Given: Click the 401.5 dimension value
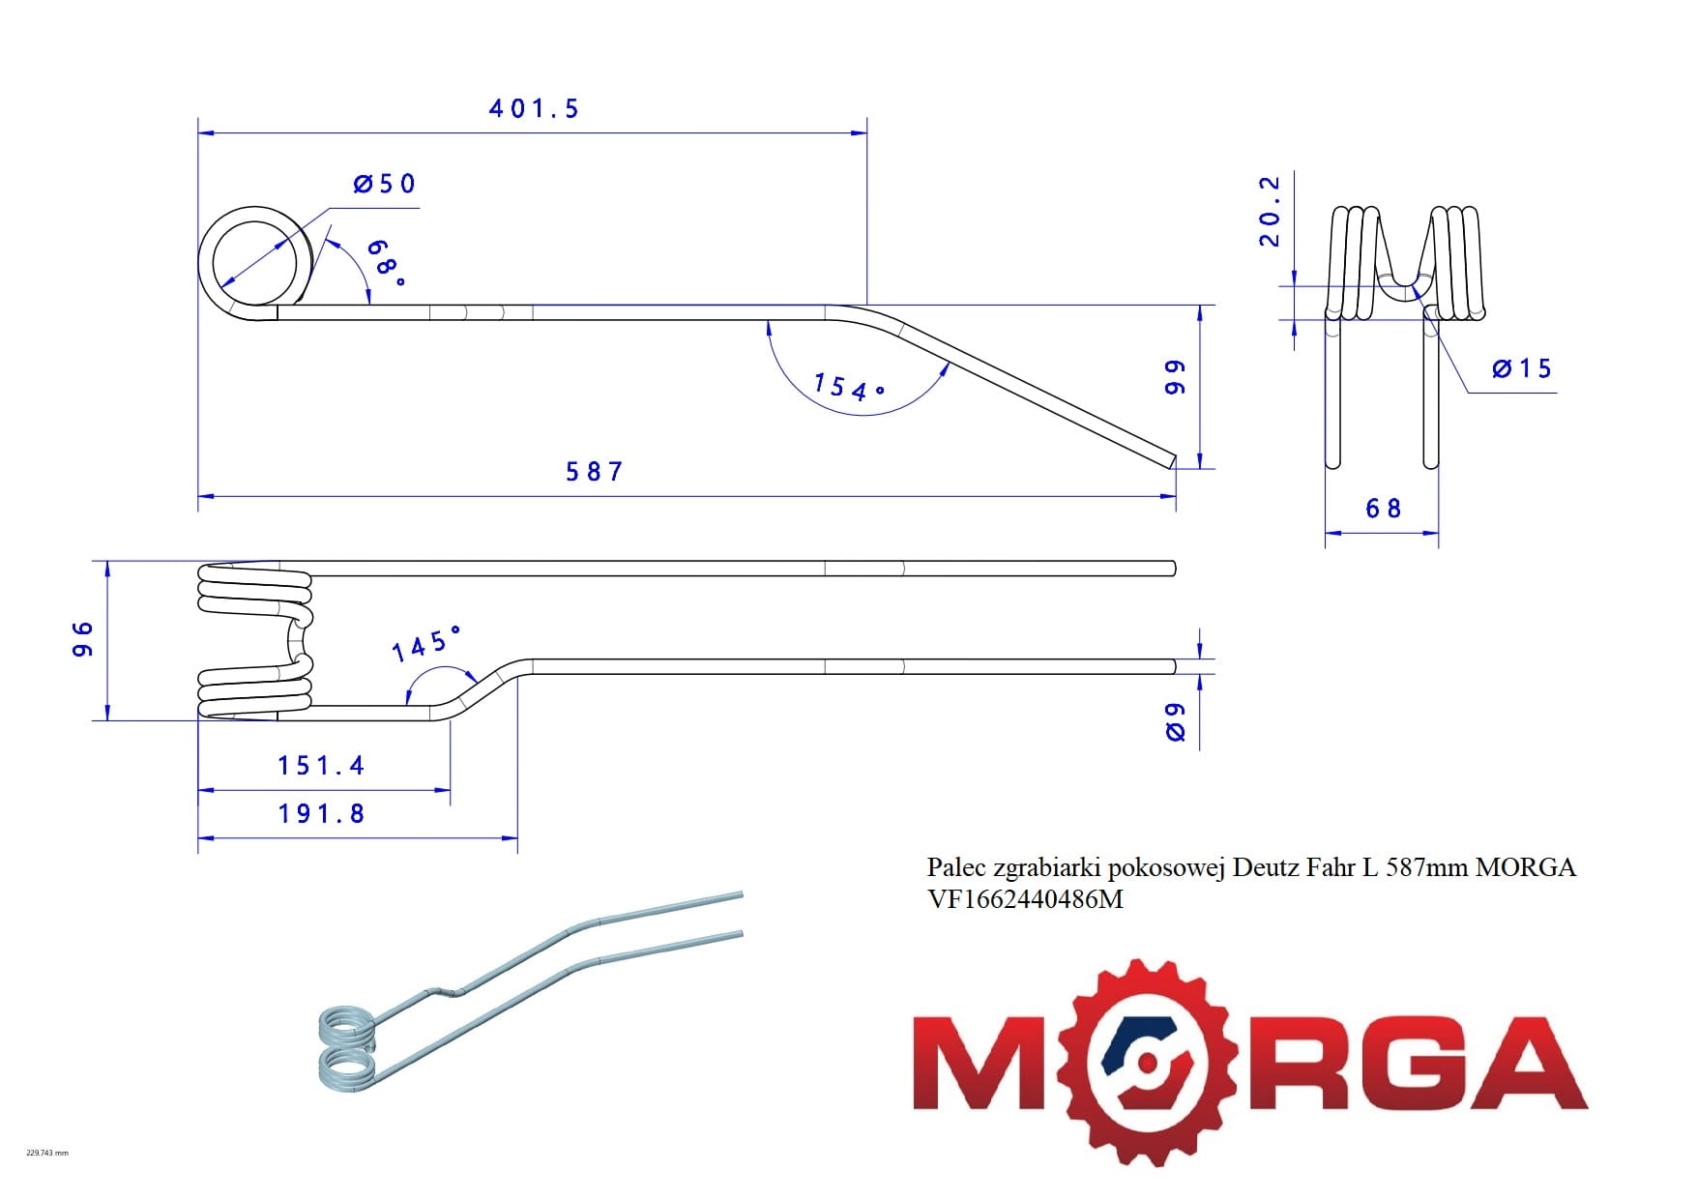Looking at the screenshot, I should tap(534, 108).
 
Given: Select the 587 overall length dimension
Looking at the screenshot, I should tap(595, 472).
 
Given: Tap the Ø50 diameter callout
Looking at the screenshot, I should tap(385, 184).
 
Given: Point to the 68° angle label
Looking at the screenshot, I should tap(384, 262).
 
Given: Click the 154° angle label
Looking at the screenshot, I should tap(848, 388).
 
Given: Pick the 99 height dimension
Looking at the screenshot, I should tap(1174, 377).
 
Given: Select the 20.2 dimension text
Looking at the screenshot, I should tap(1270, 212).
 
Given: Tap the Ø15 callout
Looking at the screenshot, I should tap(1522, 368).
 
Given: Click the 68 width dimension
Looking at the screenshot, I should tap(1383, 509).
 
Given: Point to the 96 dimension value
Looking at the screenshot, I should tap(83, 639).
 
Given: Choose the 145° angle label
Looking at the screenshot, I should tap(425, 644).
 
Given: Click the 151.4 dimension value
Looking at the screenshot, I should tap(321, 766).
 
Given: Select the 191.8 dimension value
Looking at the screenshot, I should tap(321, 814).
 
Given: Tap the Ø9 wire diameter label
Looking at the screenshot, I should tap(1175, 721).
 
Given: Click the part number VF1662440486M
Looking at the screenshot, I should tap(1025, 899).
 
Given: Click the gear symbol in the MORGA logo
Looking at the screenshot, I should tap(1148, 1062).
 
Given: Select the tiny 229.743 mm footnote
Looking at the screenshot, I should tap(46, 1153).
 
